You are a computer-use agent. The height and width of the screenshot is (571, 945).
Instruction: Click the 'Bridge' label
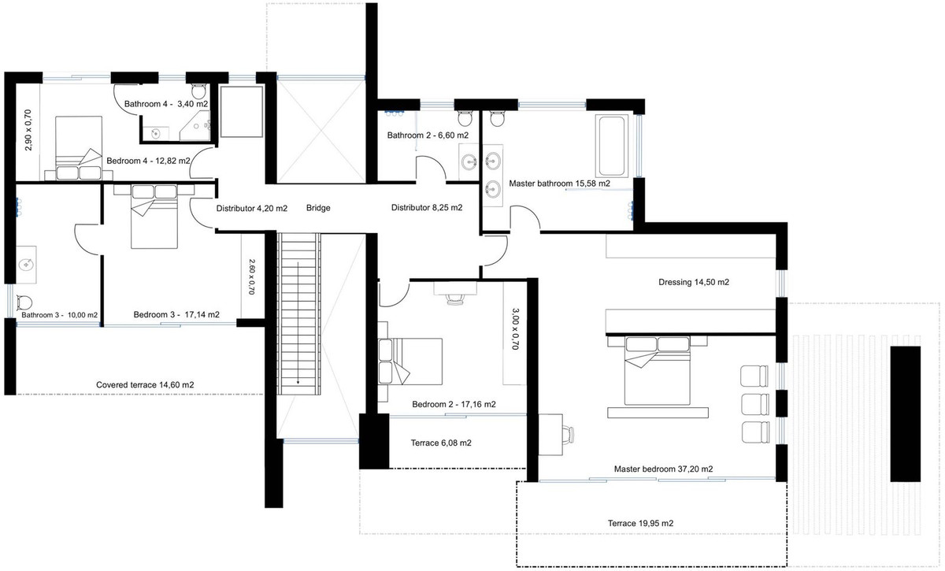tap(318, 209)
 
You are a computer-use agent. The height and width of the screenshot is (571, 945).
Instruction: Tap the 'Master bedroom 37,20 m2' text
tap(663, 469)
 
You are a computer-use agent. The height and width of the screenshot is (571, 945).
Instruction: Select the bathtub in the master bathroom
tap(613, 146)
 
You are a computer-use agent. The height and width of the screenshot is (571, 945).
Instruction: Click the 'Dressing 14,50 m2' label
tap(693, 282)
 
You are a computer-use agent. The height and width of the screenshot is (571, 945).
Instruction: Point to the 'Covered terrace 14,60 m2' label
tap(145, 384)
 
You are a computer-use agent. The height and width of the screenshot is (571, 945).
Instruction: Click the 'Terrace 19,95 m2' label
tap(640, 523)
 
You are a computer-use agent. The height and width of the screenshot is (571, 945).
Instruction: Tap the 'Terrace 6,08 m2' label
tap(441, 443)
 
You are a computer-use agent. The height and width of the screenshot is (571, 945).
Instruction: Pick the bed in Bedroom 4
tap(79, 150)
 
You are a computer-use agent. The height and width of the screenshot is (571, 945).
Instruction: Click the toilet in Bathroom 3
tap(24, 302)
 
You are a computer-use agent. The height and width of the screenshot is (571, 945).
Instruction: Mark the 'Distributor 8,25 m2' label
tap(427, 209)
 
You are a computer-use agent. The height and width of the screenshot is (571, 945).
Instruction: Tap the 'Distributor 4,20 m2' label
tap(251, 209)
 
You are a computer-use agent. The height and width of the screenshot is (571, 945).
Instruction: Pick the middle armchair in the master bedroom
tap(754, 403)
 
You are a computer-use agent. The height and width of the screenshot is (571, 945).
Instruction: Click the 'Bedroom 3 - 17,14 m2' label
tap(176, 314)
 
